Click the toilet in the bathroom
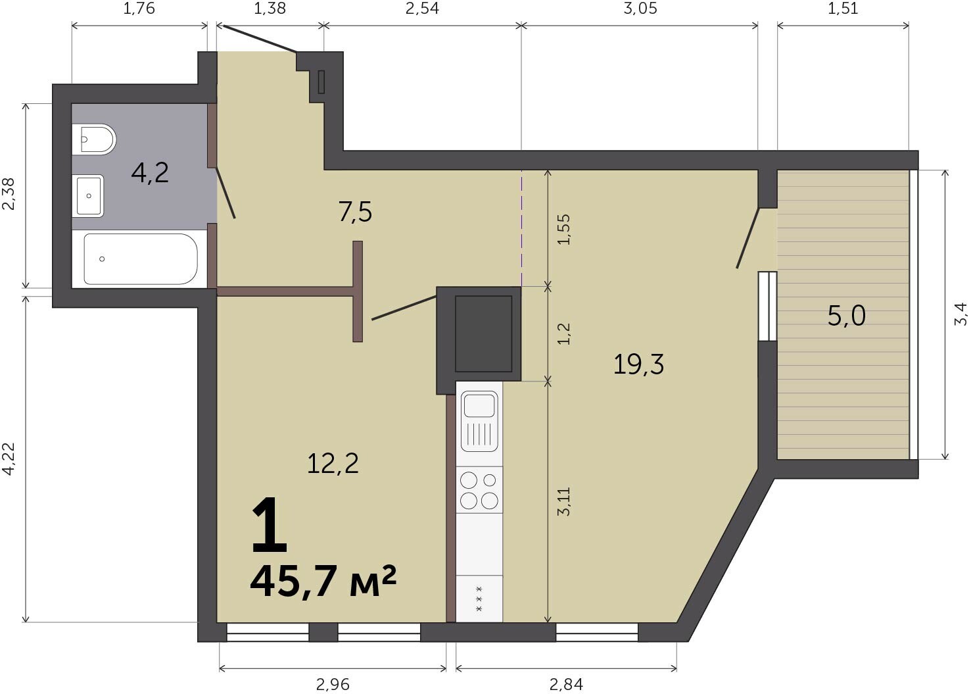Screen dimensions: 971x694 tap(93, 139)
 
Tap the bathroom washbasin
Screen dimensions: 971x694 tap(88, 195)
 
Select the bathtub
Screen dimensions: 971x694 tap(139, 259)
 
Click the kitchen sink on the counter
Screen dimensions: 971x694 tap(479, 421)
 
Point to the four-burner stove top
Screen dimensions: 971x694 tap(479, 491)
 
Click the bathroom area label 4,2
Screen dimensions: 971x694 tap(150, 172)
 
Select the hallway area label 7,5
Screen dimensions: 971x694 tap(355, 212)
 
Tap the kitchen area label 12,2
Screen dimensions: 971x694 tap(333, 463)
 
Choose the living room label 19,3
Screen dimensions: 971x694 tap(638, 364)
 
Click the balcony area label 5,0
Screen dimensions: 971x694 tap(847, 315)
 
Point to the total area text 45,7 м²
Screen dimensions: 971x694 tap(323, 582)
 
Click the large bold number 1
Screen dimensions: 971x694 tap(269, 526)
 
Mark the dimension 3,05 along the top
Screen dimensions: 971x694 tap(640, 9)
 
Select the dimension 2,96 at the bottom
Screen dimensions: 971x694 tap(333, 684)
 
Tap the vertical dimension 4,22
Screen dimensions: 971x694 tap(9, 459)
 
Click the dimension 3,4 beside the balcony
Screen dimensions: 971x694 tap(962, 314)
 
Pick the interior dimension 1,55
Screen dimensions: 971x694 tap(563, 230)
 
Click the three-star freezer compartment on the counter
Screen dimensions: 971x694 tap(479, 599)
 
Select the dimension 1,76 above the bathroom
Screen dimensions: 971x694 tap(139, 9)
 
